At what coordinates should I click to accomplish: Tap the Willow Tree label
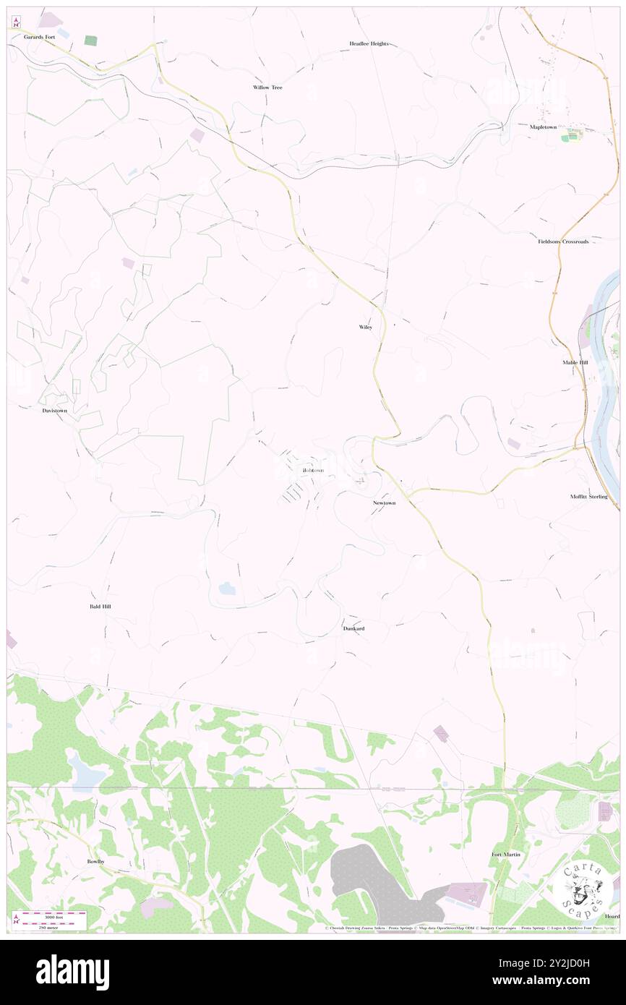pos(267,87)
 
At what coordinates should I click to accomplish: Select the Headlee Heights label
pos(369,43)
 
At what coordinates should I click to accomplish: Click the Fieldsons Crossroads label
pos(567,241)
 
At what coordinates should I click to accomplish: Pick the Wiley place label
pos(366,327)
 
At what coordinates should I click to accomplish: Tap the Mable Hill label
pos(575,362)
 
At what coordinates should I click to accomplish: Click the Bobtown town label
pos(314,471)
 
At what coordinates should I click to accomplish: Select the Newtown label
pos(385,502)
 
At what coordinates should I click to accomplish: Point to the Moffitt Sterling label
pos(588,497)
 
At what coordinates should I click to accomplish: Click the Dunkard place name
pos(353,629)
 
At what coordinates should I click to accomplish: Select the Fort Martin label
pos(506,855)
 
